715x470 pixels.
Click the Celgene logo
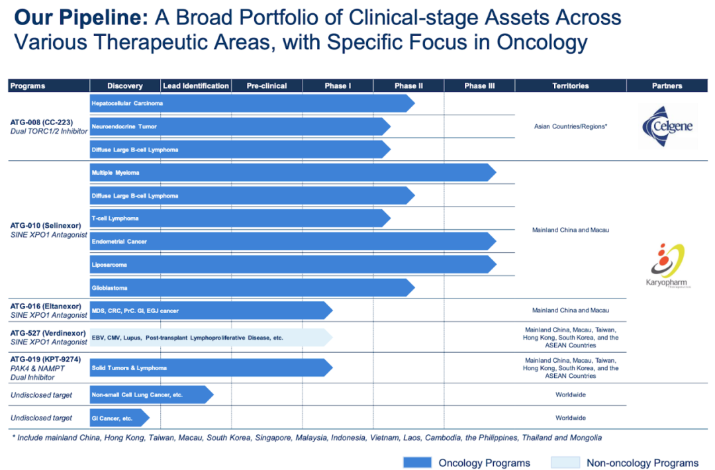[x=668, y=126]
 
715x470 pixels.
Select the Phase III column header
[x=479, y=85]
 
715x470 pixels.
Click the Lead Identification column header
[x=196, y=85]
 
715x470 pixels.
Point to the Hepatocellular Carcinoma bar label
[x=127, y=103]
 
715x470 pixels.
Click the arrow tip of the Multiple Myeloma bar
[x=496, y=173]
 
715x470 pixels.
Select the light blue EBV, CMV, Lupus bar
[x=211, y=338]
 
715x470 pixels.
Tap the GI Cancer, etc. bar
[x=119, y=418]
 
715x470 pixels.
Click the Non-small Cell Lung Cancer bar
[x=152, y=395]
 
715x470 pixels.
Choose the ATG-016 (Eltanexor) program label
[x=46, y=306]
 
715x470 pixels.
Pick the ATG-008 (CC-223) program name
[x=42, y=122]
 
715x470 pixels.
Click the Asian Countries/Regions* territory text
[x=571, y=126]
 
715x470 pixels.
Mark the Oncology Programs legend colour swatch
[x=417, y=462]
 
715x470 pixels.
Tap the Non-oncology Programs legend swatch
[x=565, y=462]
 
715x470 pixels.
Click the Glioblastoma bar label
[x=109, y=288]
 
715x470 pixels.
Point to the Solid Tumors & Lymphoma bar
[x=211, y=368]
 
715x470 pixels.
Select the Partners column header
[x=667, y=85]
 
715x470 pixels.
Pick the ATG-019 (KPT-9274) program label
[x=46, y=359]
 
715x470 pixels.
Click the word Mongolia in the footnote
[x=584, y=438]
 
